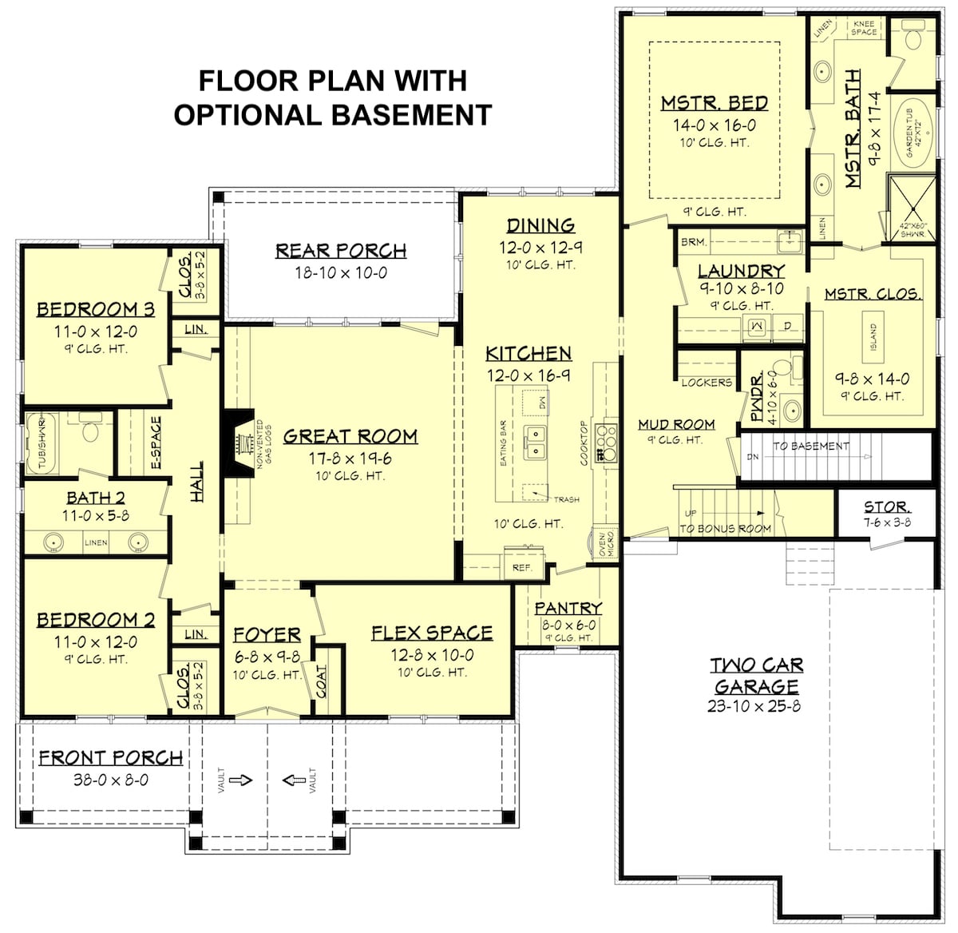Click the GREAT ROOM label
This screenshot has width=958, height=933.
pos(350,436)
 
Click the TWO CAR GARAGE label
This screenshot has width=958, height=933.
pos(757,676)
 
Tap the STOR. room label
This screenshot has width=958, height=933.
pos(885,507)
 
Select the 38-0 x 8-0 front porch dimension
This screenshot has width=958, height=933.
pos(111,780)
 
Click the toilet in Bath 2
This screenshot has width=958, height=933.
pos(90,432)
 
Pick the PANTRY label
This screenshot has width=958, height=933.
pos(568,609)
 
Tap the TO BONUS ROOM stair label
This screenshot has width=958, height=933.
pos(725,528)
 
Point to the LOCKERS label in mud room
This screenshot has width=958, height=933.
pos(707,383)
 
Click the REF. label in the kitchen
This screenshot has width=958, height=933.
pos(522,567)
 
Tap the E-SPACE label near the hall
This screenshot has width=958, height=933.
pos(156,442)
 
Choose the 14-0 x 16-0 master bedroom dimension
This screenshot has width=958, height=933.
pos(714,125)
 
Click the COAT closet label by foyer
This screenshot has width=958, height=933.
pos(323,681)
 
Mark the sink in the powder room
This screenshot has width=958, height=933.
pos(791,411)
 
